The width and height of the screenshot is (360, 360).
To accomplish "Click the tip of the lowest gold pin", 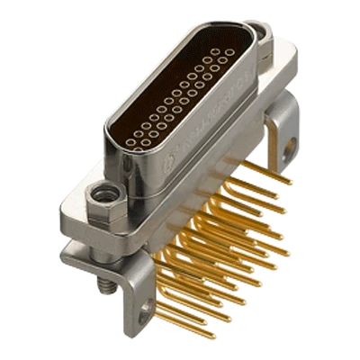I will click(214, 336).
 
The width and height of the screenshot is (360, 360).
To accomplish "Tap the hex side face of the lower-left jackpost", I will click(94, 210).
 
